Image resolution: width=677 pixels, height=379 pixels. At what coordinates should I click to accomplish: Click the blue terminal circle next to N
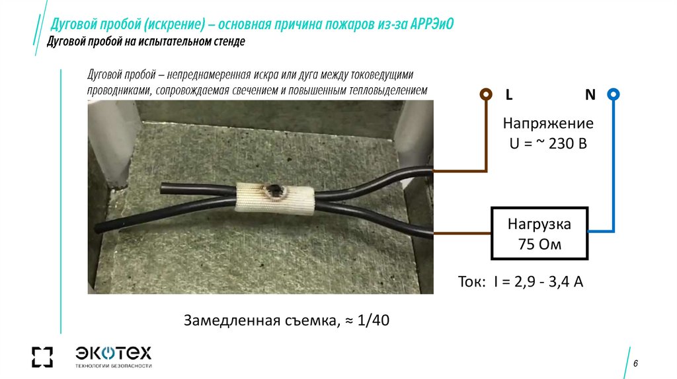tap(614, 94)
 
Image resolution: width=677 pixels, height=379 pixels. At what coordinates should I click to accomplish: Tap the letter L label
tap(508, 95)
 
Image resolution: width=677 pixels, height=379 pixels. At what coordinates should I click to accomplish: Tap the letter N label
tap(590, 95)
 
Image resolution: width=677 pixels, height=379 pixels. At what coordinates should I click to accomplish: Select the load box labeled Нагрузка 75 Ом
tap(539, 233)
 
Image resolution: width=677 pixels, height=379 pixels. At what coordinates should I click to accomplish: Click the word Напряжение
tap(548, 123)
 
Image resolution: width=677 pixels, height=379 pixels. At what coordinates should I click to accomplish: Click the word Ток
tap(471, 282)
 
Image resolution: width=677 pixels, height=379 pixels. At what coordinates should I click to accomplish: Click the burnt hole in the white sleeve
tap(274, 192)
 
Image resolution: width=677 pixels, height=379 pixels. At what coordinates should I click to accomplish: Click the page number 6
tap(635, 364)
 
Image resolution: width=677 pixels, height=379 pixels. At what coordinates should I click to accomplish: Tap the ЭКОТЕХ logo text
tap(114, 351)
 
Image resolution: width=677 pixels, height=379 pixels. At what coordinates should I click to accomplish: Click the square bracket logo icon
tap(42, 356)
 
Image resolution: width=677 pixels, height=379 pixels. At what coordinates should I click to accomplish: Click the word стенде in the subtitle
tap(226, 42)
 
